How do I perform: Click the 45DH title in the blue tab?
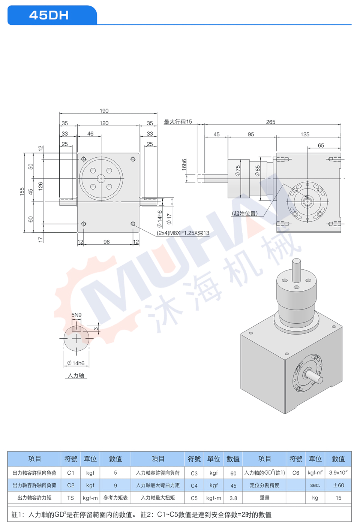(49, 15)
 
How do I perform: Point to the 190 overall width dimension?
(104, 111)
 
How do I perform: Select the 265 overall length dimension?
(270, 122)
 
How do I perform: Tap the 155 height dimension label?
(22, 191)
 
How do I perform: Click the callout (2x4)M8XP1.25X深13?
(183, 233)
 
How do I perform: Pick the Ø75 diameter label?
(238, 171)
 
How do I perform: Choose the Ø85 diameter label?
(258, 171)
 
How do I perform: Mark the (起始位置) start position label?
(244, 213)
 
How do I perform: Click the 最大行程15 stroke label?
(178, 122)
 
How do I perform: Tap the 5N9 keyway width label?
(76, 315)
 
